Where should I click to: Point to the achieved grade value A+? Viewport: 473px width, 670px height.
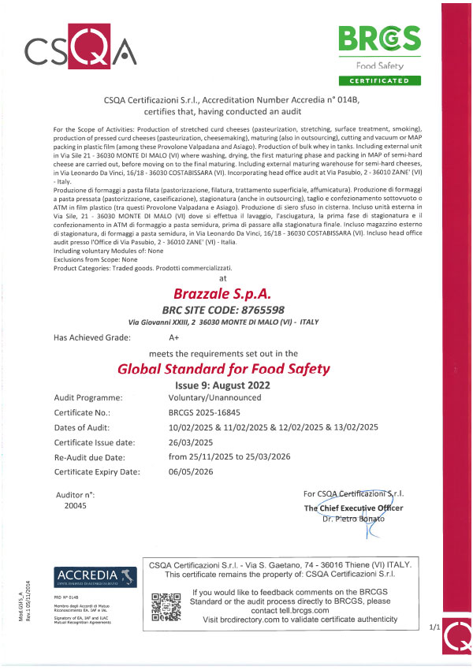pos(174,337)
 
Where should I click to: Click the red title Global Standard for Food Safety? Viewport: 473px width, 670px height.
pos(223,368)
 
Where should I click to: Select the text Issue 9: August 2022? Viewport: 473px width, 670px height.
pos(222,385)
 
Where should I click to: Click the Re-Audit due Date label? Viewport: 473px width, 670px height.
pos(97,456)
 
